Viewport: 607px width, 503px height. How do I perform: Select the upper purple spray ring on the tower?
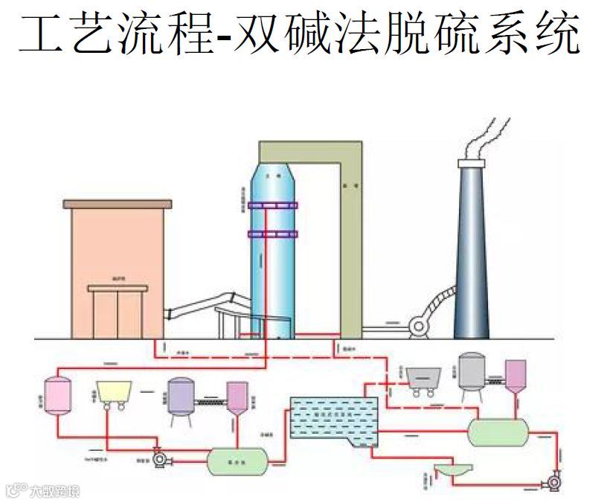click(x=273, y=205)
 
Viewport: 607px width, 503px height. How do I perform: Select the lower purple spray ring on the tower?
click(x=273, y=234)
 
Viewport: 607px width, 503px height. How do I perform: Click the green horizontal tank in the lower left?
click(x=237, y=461)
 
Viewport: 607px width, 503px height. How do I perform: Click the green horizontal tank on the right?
click(x=498, y=431)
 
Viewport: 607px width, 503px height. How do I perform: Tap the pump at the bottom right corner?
click(x=553, y=479)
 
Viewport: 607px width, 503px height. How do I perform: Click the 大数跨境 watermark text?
click(x=54, y=490)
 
